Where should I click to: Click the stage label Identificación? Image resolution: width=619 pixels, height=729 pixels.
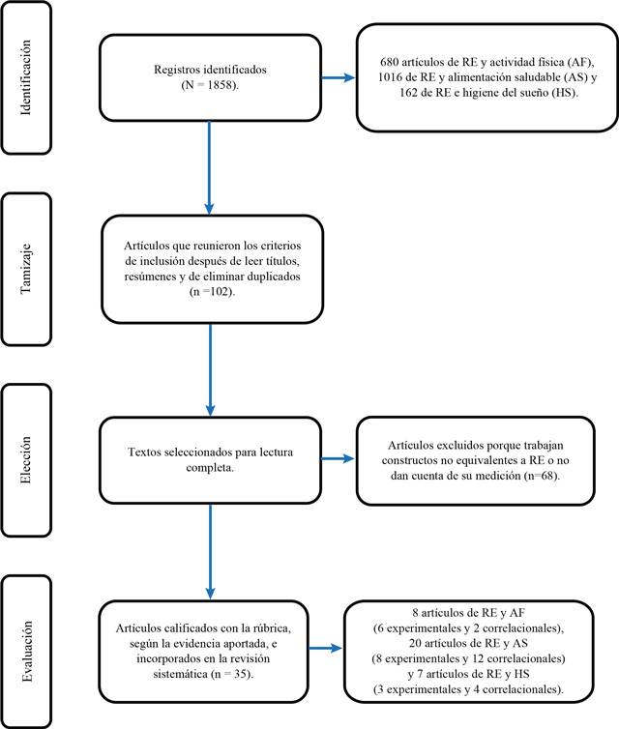point(26,77)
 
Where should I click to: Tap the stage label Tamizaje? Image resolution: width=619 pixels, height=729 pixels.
point(26,269)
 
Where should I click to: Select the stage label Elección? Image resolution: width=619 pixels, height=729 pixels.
point(26,460)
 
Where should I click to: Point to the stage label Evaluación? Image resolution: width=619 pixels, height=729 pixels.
point(27,652)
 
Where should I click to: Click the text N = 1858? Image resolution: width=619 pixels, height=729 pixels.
point(210,85)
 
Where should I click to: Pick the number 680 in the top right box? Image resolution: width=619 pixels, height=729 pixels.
point(389,62)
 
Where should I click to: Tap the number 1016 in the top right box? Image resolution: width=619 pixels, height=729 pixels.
point(390,77)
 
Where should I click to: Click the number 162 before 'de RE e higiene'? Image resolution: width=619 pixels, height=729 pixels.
point(409,93)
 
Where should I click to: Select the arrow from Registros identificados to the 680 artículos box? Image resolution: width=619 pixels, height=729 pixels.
point(339,77)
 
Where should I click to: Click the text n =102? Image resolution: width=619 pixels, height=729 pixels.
point(212,292)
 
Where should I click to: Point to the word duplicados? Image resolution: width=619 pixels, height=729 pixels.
point(274,277)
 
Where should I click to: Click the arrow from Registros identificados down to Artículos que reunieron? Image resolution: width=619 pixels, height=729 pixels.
point(209,167)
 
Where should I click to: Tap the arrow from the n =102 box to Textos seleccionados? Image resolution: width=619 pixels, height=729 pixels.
point(210,369)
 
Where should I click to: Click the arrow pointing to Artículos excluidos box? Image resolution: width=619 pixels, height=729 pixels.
point(339,459)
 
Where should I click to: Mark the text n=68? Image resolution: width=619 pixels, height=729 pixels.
point(542,476)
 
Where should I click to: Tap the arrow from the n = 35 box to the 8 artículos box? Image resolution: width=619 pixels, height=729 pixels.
point(326,648)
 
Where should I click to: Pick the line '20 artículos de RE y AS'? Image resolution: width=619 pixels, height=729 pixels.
point(468,643)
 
